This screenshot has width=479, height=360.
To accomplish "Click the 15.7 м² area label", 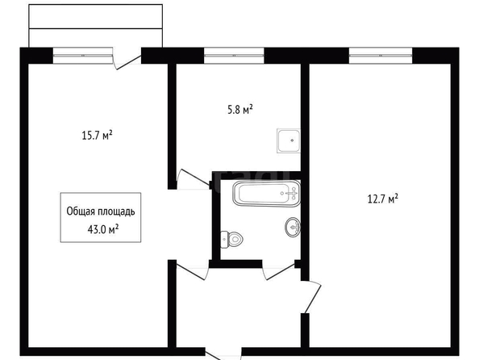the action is click(97, 135).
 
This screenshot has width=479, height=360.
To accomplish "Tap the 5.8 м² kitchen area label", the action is click(240, 109).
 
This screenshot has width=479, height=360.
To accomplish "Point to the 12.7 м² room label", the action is click(383, 199).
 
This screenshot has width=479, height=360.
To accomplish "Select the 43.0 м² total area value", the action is click(103, 228).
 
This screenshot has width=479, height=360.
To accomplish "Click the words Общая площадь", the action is click(101, 211).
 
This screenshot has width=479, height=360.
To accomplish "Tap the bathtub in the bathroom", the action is click(266, 193).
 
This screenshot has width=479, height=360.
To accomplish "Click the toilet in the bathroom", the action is click(231, 239).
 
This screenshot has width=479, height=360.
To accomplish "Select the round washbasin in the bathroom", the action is click(293, 228).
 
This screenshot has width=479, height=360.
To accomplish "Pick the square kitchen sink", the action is click(289, 140).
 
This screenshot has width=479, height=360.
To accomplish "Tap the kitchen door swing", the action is click(194, 179).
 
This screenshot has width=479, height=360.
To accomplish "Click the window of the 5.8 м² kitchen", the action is click(234, 56).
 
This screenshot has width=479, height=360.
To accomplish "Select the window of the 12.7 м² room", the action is click(381, 56).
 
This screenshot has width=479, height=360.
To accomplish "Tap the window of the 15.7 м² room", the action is click(83, 56).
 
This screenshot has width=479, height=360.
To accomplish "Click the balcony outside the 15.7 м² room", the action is click(95, 26).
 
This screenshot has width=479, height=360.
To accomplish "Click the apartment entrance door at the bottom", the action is click(223, 355).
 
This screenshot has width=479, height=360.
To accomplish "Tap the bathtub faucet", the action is click(291, 193).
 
